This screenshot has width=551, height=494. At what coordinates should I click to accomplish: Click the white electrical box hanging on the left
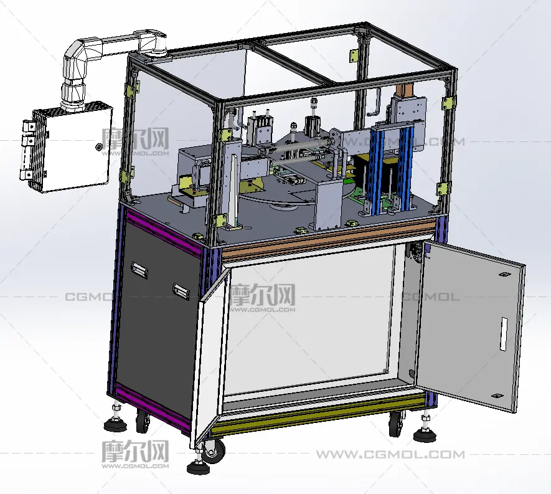pyautogui.click(x=67, y=147)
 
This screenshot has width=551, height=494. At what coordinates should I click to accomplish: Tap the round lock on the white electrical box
pyautogui.click(x=99, y=146)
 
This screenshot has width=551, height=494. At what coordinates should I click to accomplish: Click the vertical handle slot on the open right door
pyautogui.click(x=504, y=334)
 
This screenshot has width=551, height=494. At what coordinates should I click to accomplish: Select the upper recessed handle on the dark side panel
pyautogui.click(x=139, y=270)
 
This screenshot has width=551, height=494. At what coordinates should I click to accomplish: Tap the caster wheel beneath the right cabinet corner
pyautogui.click(x=396, y=424)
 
